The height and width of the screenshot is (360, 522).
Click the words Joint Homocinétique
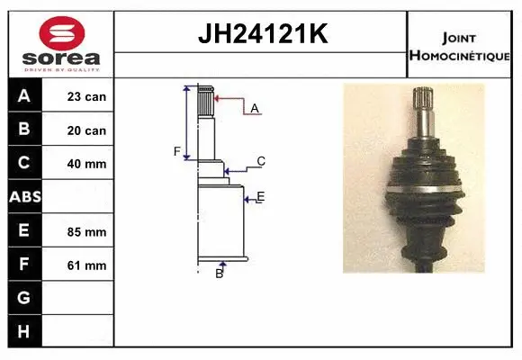point(462,45)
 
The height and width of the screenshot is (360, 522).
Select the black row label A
point(23,95)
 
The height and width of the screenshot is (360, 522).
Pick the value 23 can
point(86,96)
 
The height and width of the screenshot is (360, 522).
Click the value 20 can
point(86,130)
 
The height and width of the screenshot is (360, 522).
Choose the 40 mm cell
point(86,164)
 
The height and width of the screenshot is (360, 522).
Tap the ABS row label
point(23,196)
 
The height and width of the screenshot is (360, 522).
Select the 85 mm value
point(86,231)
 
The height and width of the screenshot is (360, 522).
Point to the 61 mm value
point(86,265)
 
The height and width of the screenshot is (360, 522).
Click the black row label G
point(23,298)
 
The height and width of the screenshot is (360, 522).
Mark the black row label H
point(23,331)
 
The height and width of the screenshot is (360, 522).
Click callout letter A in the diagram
point(255,108)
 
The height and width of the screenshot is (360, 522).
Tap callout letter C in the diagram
point(260,162)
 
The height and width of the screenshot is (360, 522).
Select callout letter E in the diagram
point(260,196)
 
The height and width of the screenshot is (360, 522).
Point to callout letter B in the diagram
point(219,274)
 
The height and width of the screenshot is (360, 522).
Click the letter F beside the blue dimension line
point(177,151)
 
